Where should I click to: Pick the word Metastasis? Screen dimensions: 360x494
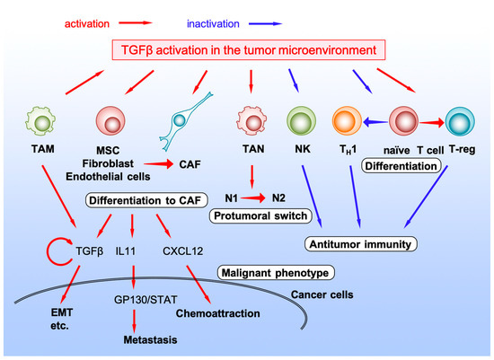[151, 341]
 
